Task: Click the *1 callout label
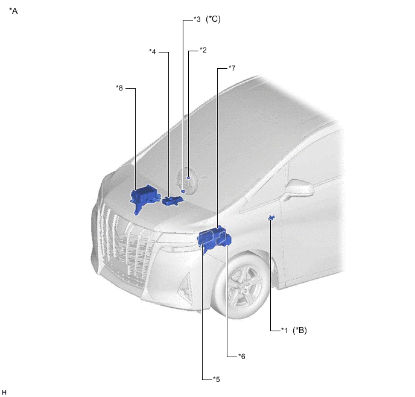point(284,330)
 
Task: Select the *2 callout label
point(203,49)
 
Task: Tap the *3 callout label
point(197,19)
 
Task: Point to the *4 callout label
point(153,52)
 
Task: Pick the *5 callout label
point(216,380)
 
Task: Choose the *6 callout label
point(242,356)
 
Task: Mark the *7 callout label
point(232,68)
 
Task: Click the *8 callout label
point(119,88)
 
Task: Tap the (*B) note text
point(300,330)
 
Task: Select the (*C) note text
point(213,19)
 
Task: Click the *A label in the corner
point(13,11)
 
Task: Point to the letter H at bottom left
point(4,392)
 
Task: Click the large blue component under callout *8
point(144,197)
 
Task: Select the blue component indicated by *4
point(172,201)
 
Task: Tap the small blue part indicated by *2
point(188,178)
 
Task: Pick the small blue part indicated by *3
point(183,191)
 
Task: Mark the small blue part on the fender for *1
point(271,218)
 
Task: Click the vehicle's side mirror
point(299,189)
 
